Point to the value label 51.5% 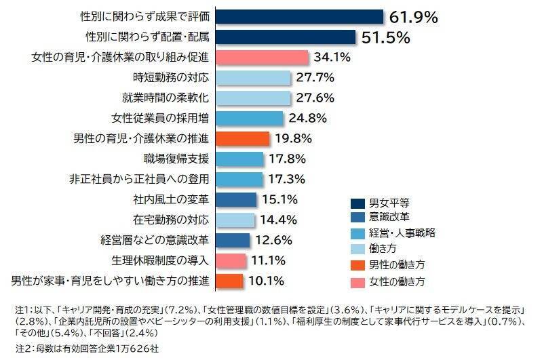[x=385, y=37]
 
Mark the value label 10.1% [x=265, y=280]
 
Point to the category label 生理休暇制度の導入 [x=160, y=260]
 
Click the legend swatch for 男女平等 [x=357, y=203]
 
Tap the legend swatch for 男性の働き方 [x=357, y=264]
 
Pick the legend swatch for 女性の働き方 [x=357, y=279]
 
